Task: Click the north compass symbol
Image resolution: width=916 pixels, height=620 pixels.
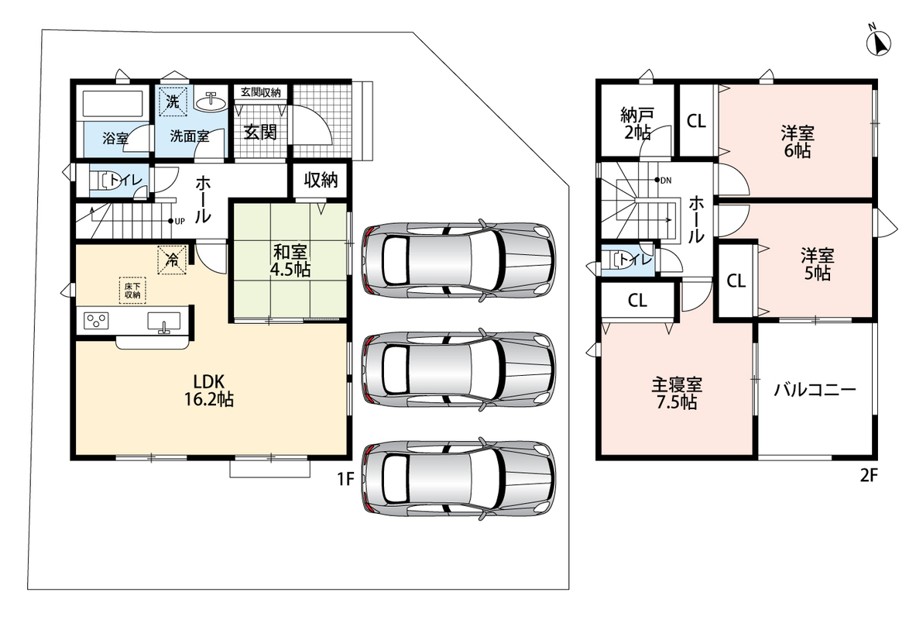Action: [877, 42]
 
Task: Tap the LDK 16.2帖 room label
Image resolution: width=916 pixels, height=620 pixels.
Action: [209, 390]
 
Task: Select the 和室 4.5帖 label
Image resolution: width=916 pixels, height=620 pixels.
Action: [290, 261]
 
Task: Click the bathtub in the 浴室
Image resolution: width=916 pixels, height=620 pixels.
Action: [113, 104]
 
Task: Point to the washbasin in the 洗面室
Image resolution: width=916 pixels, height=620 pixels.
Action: [210, 102]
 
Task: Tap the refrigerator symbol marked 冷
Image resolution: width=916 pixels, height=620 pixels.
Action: [172, 259]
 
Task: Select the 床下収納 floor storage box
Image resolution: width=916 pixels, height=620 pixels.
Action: [132, 290]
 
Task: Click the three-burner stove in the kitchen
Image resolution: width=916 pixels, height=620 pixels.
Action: [96, 321]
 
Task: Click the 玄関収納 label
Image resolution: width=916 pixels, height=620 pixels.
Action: [260, 92]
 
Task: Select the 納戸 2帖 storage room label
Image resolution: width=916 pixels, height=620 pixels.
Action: [637, 123]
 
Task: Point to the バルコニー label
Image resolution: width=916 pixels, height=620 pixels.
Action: [815, 389]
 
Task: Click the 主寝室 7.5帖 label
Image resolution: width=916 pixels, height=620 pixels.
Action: [677, 393]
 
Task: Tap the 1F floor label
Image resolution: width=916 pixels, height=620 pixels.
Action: [345, 479]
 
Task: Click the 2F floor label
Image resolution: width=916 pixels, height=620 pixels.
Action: [869, 475]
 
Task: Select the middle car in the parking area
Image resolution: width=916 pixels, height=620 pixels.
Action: [458, 370]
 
